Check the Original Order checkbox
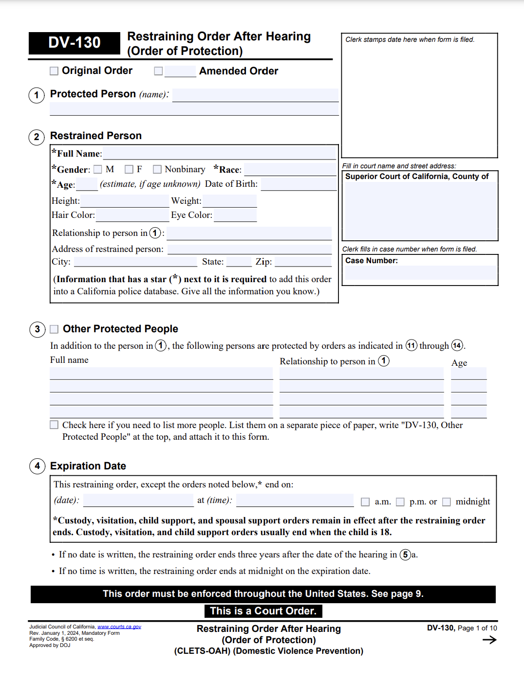click(54, 71)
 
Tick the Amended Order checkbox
click(158, 71)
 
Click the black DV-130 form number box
click(75, 43)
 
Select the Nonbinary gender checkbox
click(157, 169)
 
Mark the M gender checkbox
click(98, 169)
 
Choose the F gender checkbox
click(129, 169)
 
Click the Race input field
click(290, 170)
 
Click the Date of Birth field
click(299, 184)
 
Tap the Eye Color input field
click(235, 215)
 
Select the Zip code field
click(303, 262)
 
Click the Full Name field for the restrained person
click(219, 154)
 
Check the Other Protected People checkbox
click(54, 329)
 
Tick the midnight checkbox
click(447, 502)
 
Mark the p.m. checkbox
click(400, 502)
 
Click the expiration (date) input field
click(138, 500)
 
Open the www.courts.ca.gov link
click(119, 627)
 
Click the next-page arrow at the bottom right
click(489, 640)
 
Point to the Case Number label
click(372, 261)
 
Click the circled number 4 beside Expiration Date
click(37, 466)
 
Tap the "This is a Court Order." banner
click(263, 611)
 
